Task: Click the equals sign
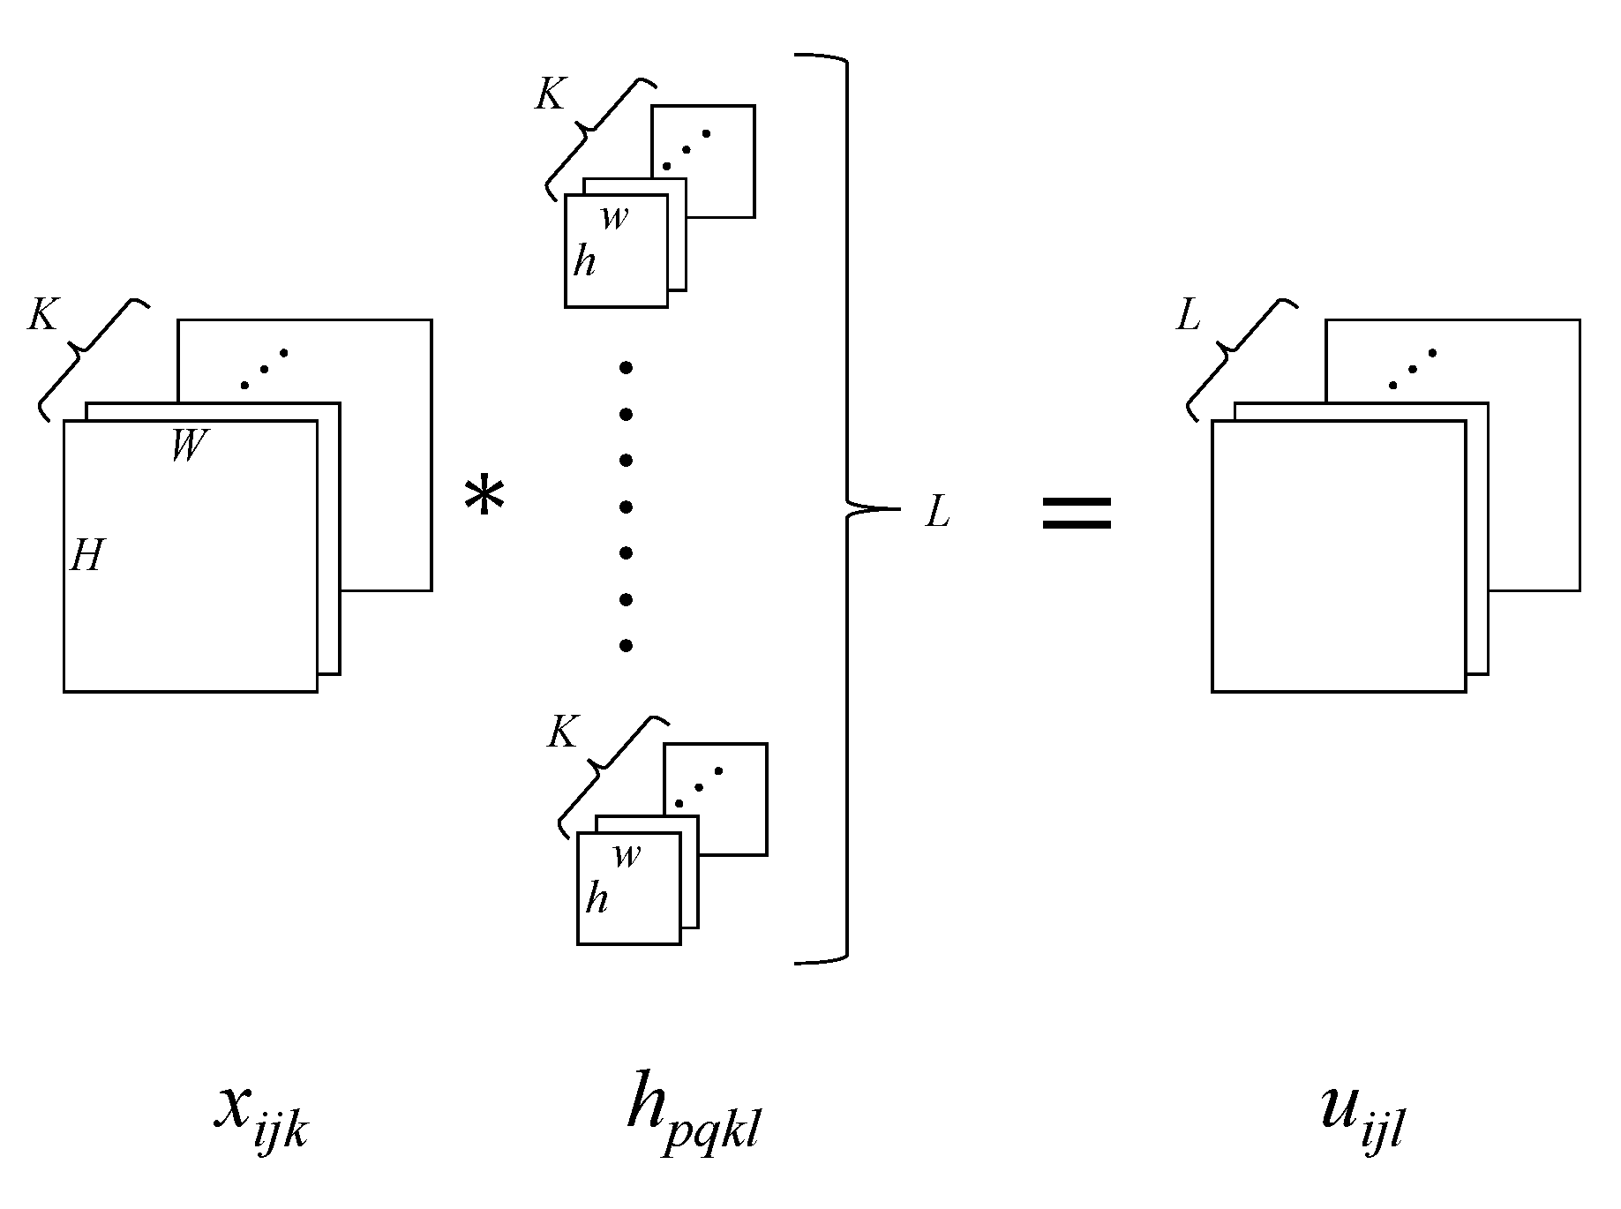1077,513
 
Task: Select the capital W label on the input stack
189,447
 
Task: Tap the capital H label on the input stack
86,557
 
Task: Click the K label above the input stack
42,315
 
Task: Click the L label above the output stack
1189,315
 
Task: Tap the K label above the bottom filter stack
561,732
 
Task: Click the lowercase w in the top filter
615,217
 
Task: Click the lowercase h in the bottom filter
597,899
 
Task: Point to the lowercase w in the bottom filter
627,854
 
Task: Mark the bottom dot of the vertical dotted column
626,646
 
